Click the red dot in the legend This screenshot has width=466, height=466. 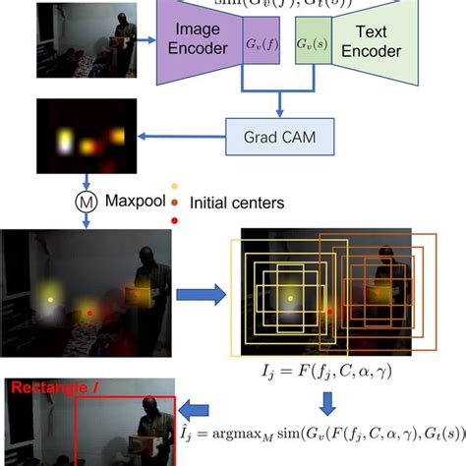[175, 223]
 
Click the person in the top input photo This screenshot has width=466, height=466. [122, 36]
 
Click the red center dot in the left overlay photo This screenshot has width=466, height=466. [89, 312]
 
